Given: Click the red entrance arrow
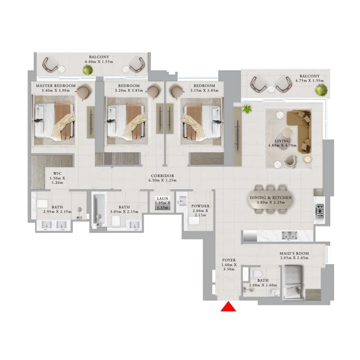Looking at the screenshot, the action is tap(228, 307).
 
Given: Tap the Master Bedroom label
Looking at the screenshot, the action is tap(56, 86).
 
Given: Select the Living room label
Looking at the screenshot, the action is tap(282, 141).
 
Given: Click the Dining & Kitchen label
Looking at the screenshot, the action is tap(271, 197).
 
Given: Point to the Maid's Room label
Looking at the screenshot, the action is tap(294, 253).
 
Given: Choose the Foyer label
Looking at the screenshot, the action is tap(229, 260).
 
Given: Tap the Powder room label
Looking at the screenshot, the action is tap(201, 206).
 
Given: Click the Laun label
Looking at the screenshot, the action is tap(163, 198).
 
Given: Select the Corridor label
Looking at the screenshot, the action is tap(163, 176).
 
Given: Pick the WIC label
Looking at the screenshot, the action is tap(57, 173).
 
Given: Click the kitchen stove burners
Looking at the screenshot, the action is tap(320, 211).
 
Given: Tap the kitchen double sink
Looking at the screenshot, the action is tap(290, 236).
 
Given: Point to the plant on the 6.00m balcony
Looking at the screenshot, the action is tap(88, 70).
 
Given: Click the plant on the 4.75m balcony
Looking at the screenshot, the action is tap(321, 90).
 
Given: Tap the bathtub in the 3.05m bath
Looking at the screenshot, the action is tap(99, 210).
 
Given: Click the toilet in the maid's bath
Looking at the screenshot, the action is tap(255, 273).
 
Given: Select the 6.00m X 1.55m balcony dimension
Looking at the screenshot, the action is tap(99, 62).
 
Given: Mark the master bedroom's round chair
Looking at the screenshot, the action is tap(84, 91).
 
